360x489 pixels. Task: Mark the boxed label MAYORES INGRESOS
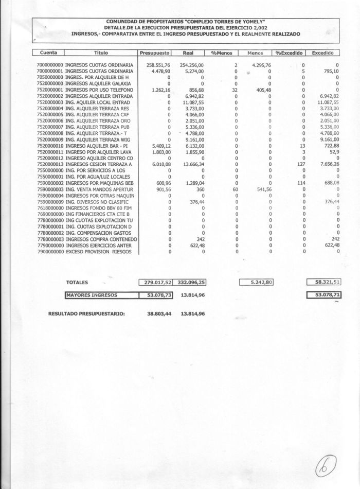click(x=92, y=295)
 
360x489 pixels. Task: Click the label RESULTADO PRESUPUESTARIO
click(x=86, y=313)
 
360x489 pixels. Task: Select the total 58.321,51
click(x=324, y=282)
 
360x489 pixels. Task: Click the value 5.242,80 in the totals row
click(x=257, y=282)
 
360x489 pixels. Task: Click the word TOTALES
click(x=77, y=282)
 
